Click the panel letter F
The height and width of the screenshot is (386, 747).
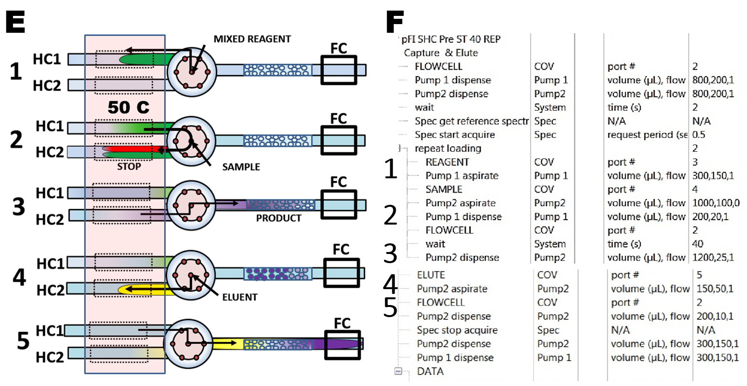(x=395, y=22)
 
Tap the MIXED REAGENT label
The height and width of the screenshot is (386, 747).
(x=252, y=39)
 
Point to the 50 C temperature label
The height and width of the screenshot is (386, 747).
(x=128, y=107)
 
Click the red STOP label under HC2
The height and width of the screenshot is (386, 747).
(x=129, y=167)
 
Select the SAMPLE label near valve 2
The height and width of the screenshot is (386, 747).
(x=241, y=167)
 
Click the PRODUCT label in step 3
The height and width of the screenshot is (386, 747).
(x=279, y=218)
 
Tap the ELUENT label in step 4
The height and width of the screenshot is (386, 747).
(x=240, y=297)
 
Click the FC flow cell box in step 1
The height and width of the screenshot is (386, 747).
(x=339, y=71)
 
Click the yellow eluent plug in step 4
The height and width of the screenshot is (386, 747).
(x=140, y=290)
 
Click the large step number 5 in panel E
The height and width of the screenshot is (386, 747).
(x=23, y=341)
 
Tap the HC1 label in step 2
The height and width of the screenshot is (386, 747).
(x=50, y=126)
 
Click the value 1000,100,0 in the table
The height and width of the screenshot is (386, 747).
(x=716, y=203)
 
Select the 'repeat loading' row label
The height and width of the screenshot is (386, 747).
(x=448, y=148)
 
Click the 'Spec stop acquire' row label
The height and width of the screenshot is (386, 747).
(x=457, y=330)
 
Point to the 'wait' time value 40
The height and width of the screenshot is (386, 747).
(x=697, y=244)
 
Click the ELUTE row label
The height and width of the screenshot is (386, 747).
(x=431, y=275)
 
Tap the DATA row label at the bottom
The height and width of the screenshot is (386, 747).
(x=430, y=372)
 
